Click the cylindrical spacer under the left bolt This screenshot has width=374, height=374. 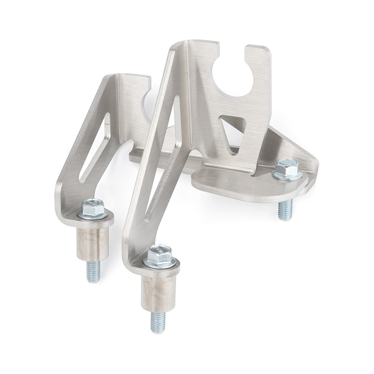93,243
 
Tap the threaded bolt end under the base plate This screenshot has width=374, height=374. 286,210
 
